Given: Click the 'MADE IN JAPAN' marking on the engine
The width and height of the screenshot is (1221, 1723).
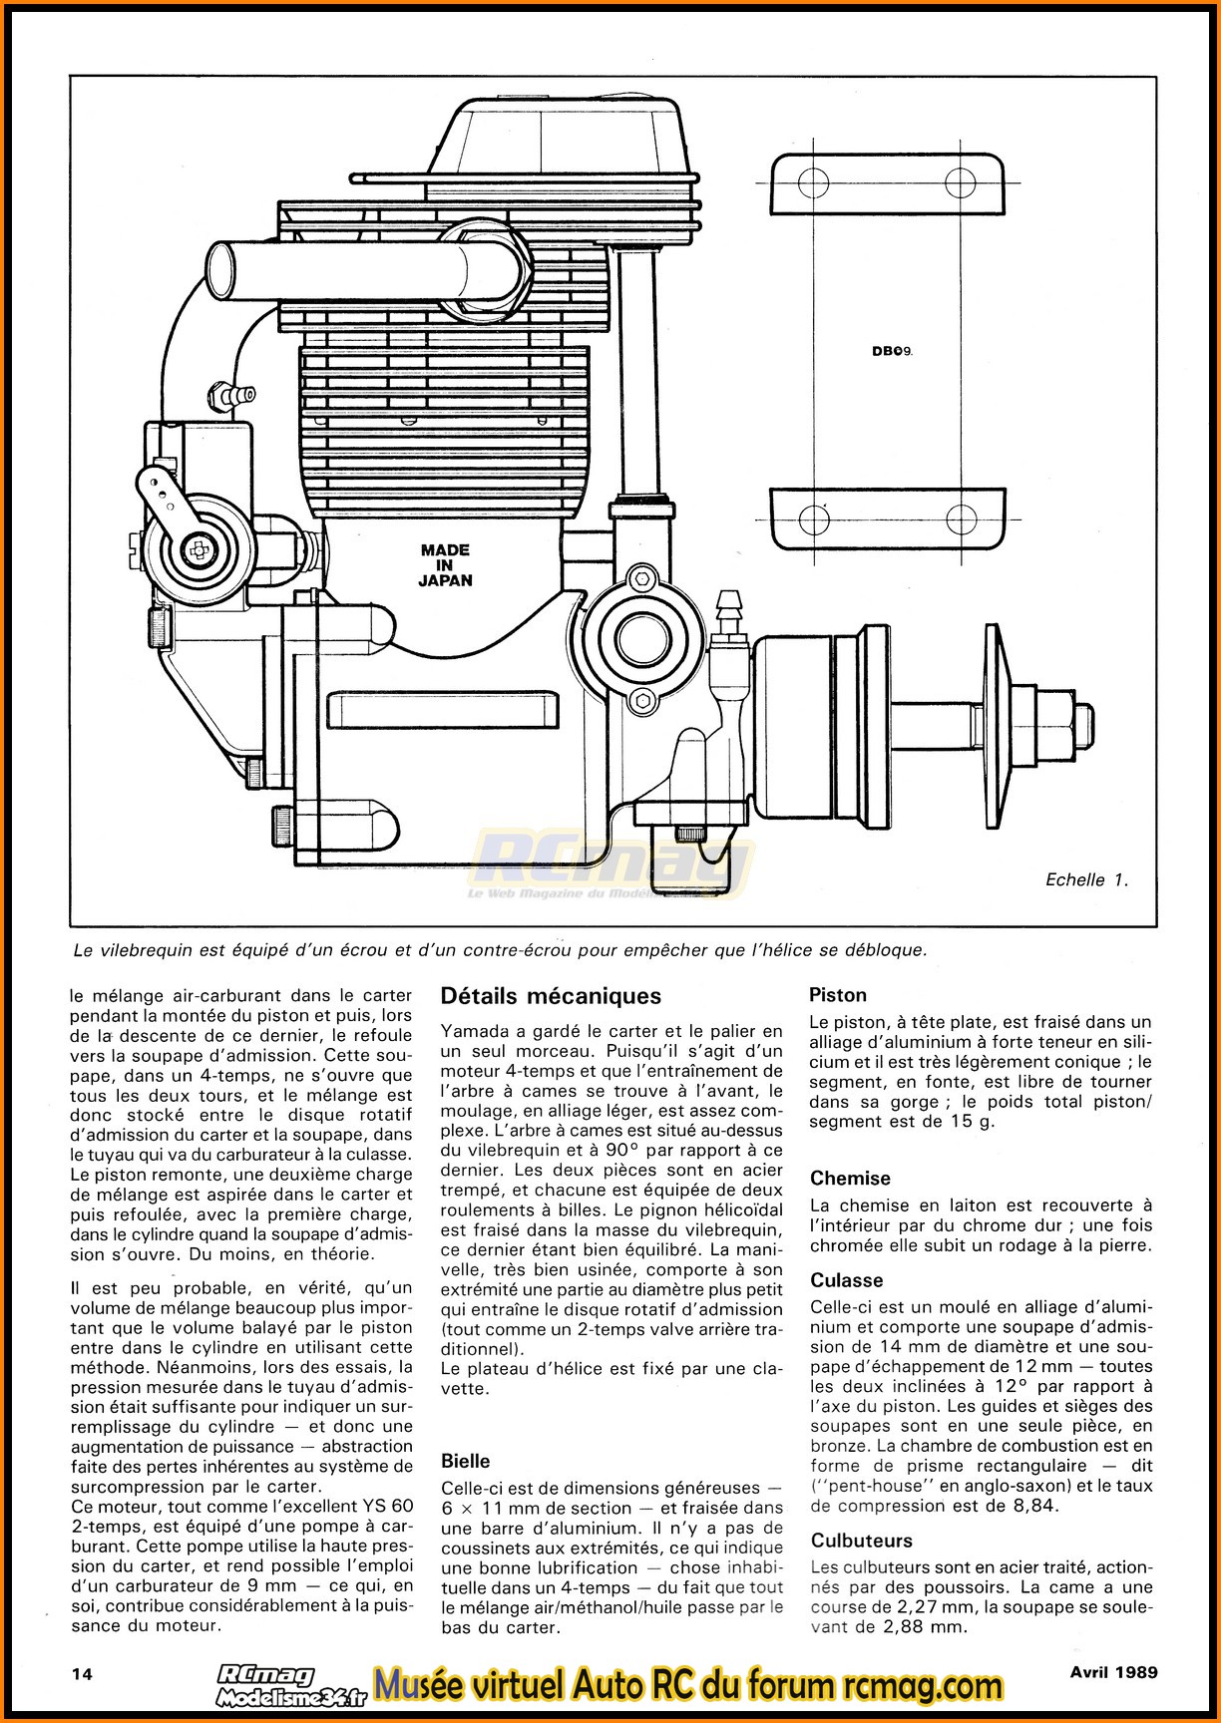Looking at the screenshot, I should (x=446, y=564).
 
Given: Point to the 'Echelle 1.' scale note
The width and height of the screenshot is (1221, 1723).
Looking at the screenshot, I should (x=1086, y=879).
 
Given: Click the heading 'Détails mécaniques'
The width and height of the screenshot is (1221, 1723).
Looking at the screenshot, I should (x=551, y=995).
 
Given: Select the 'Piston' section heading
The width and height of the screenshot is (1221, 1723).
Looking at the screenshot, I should (x=838, y=994).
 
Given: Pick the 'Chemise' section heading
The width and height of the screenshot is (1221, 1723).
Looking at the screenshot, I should (x=850, y=1178).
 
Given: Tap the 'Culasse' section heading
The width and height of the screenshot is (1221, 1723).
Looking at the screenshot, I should (x=847, y=1280).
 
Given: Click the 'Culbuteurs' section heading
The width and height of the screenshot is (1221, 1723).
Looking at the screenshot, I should (x=862, y=1541).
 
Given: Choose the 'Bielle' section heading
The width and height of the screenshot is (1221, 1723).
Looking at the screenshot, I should (x=466, y=1461).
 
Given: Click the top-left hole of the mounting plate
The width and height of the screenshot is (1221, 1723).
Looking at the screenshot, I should (x=813, y=183).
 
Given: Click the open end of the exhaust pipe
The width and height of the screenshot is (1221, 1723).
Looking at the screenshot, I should (x=220, y=266).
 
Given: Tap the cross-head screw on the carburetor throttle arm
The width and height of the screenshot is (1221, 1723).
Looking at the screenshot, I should (x=196, y=547).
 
